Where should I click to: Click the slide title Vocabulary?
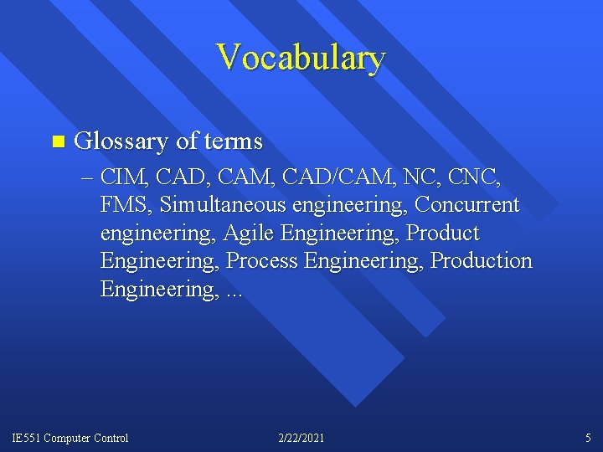pyautogui.click(x=301, y=58)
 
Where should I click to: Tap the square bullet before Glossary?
pyautogui.click(x=56, y=141)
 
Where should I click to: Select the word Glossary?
pyautogui.click(x=122, y=141)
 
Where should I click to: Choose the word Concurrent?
pyautogui.click(x=467, y=205)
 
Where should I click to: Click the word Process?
pyautogui.click(x=262, y=261)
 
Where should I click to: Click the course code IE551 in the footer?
pyautogui.click(x=26, y=438)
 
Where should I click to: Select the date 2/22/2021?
pyautogui.click(x=301, y=438)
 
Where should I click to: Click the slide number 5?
pyautogui.click(x=588, y=438)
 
